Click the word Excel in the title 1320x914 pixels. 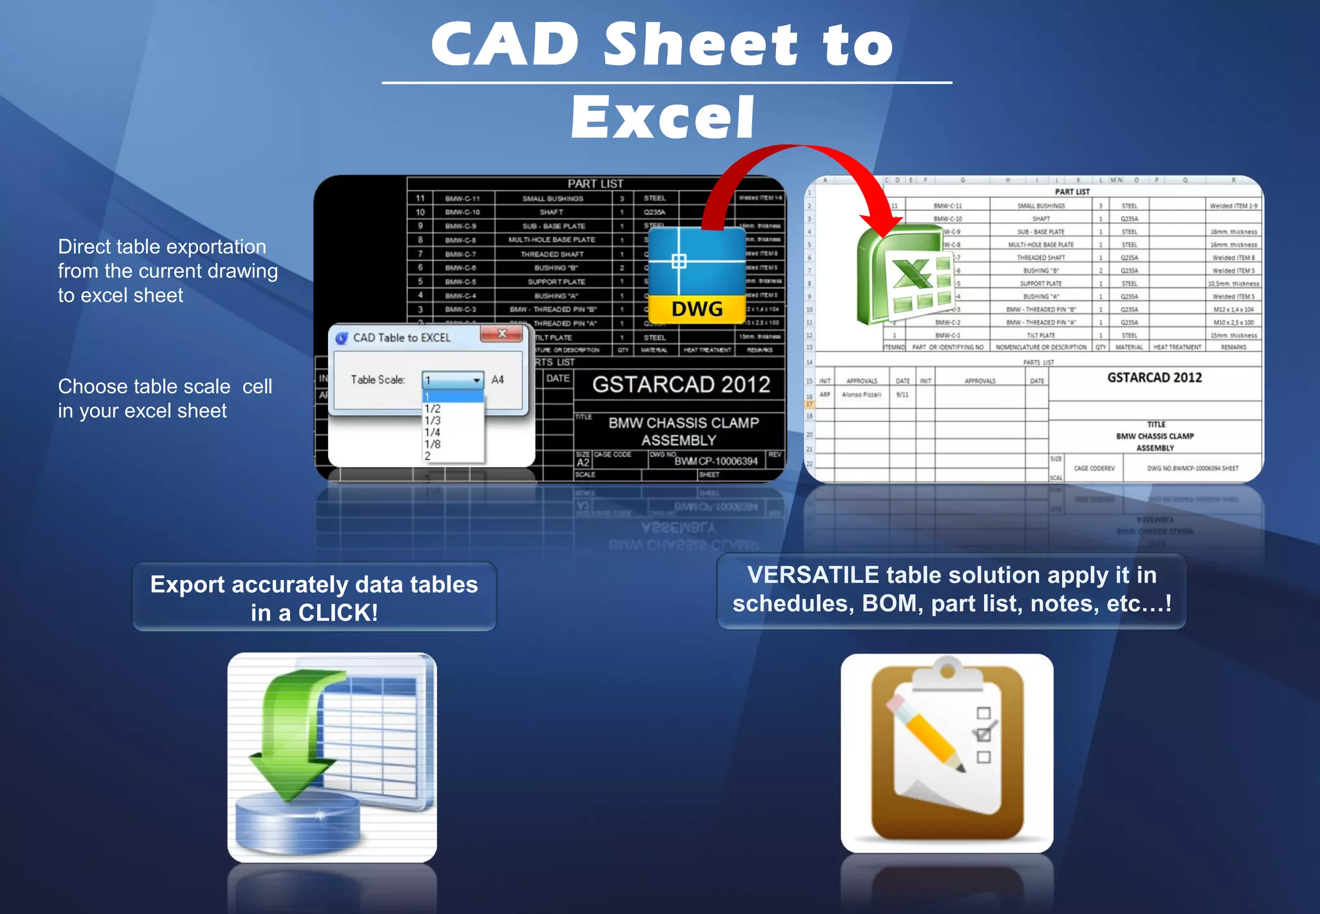[663, 118]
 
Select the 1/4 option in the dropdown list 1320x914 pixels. [432, 433]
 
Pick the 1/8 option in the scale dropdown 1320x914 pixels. [432, 444]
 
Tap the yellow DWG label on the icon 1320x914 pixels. [697, 309]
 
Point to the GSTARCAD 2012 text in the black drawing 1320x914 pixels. [681, 385]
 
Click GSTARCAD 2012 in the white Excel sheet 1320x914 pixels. [1154, 378]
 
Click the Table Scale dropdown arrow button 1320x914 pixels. [476, 380]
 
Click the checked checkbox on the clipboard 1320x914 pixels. [984, 735]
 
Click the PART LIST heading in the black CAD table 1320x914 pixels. [595, 184]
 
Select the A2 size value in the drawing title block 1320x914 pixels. [583, 463]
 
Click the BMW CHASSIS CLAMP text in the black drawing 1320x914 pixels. [683, 423]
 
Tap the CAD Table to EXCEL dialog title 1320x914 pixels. [402, 338]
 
